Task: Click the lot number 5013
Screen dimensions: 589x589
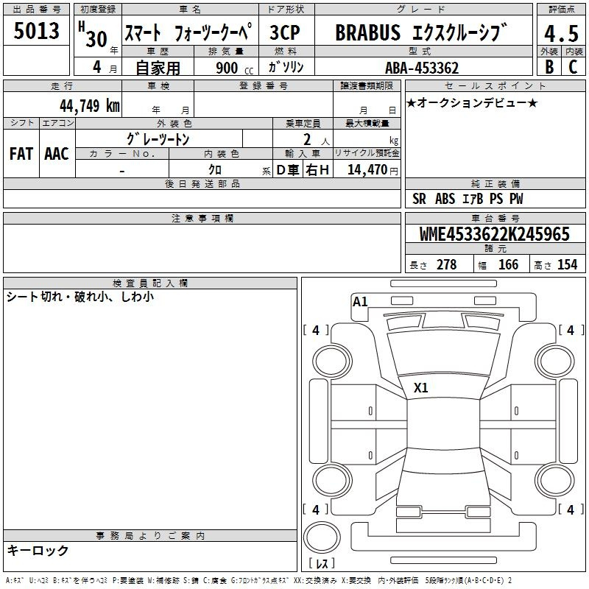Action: pyautogui.click(x=36, y=30)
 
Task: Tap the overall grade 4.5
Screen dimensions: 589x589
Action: pyautogui.click(x=561, y=33)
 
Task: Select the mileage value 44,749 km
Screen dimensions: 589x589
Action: pyautogui.click(x=90, y=105)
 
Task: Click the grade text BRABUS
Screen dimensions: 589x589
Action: pyautogui.click(x=367, y=32)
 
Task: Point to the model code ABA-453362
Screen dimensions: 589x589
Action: pyautogui.click(x=422, y=68)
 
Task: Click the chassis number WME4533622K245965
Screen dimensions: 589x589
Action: pyautogui.click(x=494, y=234)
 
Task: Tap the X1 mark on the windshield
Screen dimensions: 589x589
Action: pyautogui.click(x=420, y=387)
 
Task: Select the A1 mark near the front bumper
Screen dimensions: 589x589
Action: pyautogui.click(x=360, y=301)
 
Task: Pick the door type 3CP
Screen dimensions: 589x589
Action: pyautogui.click(x=285, y=32)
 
